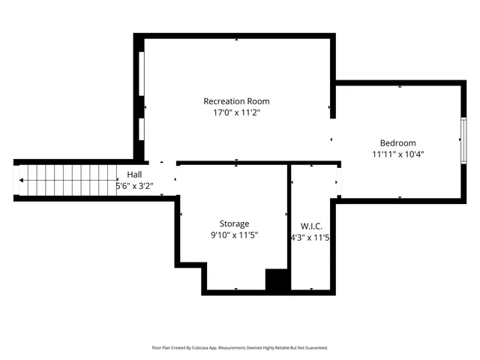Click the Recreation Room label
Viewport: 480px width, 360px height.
tap(236, 101)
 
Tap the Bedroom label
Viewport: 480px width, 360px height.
tap(397, 143)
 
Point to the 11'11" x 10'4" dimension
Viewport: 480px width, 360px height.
tap(397, 154)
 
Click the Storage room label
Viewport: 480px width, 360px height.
tap(234, 223)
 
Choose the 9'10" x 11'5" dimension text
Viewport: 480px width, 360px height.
tap(234, 235)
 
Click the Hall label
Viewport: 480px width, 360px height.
tap(134, 174)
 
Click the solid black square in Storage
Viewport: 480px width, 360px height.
tap(277, 280)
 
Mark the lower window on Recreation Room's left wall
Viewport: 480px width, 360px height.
tap(140, 128)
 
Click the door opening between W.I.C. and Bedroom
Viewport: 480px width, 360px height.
tap(338, 180)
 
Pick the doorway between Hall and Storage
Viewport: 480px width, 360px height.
tap(177, 180)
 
